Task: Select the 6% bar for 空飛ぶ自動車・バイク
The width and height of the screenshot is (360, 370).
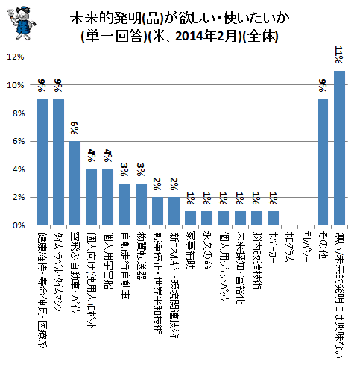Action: [75, 183]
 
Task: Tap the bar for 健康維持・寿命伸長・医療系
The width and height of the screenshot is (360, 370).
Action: [42, 162]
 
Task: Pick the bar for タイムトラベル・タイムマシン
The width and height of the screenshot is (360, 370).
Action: [58, 162]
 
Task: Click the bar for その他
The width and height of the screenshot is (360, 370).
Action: [323, 162]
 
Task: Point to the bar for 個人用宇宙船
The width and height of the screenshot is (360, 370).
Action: [108, 197]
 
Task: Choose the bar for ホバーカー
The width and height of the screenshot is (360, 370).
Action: [273, 218]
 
